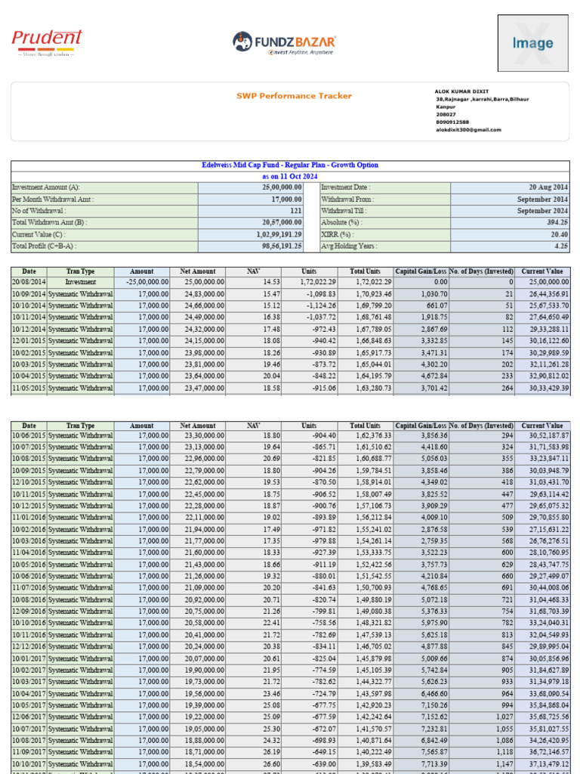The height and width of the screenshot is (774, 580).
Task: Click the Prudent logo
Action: pyautogui.click(x=47, y=42)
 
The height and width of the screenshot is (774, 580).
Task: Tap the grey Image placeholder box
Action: pyautogui.click(x=532, y=43)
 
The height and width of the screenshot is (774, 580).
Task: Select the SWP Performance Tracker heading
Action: pyautogui.click(x=283, y=96)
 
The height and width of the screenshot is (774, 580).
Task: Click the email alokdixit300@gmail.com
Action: pyautogui.click(x=468, y=129)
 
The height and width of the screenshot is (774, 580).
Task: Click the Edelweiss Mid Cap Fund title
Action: pyautogui.click(x=290, y=165)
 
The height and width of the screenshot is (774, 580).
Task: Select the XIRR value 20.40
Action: pyautogui.click(x=558, y=234)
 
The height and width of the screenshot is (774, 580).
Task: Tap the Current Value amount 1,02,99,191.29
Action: pyautogui.click(x=270, y=234)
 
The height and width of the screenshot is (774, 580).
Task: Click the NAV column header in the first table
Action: pyautogui.click(x=253, y=271)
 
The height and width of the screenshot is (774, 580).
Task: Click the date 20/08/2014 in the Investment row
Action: pyautogui.click(x=29, y=281)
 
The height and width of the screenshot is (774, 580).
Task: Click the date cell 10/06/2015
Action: pyautogui.click(x=29, y=435)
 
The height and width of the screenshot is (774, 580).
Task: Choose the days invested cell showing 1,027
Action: pyautogui.click(x=501, y=717)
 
